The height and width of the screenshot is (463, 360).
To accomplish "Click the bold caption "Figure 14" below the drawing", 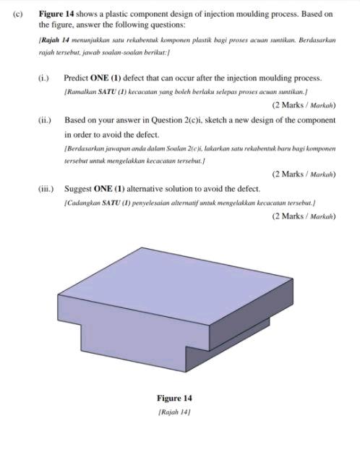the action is [174, 398].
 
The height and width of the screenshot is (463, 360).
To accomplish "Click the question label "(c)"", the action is [15, 14].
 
